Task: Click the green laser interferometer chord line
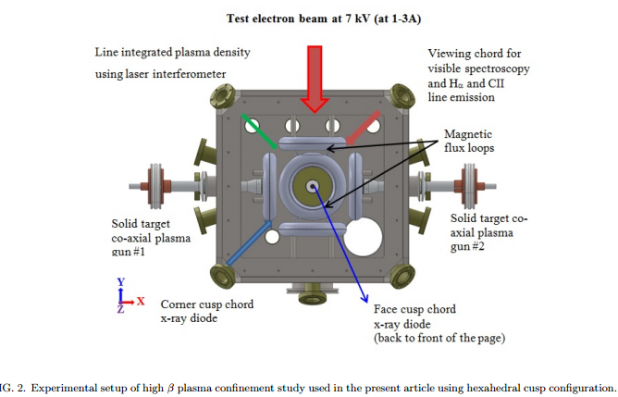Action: tap(259, 132)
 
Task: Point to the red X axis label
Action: tap(141, 301)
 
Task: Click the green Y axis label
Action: tap(120, 280)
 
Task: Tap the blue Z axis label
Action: tap(120, 310)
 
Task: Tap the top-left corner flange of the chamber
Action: tap(225, 94)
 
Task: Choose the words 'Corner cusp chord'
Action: tap(206, 304)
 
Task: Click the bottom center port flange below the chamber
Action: tap(314, 295)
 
